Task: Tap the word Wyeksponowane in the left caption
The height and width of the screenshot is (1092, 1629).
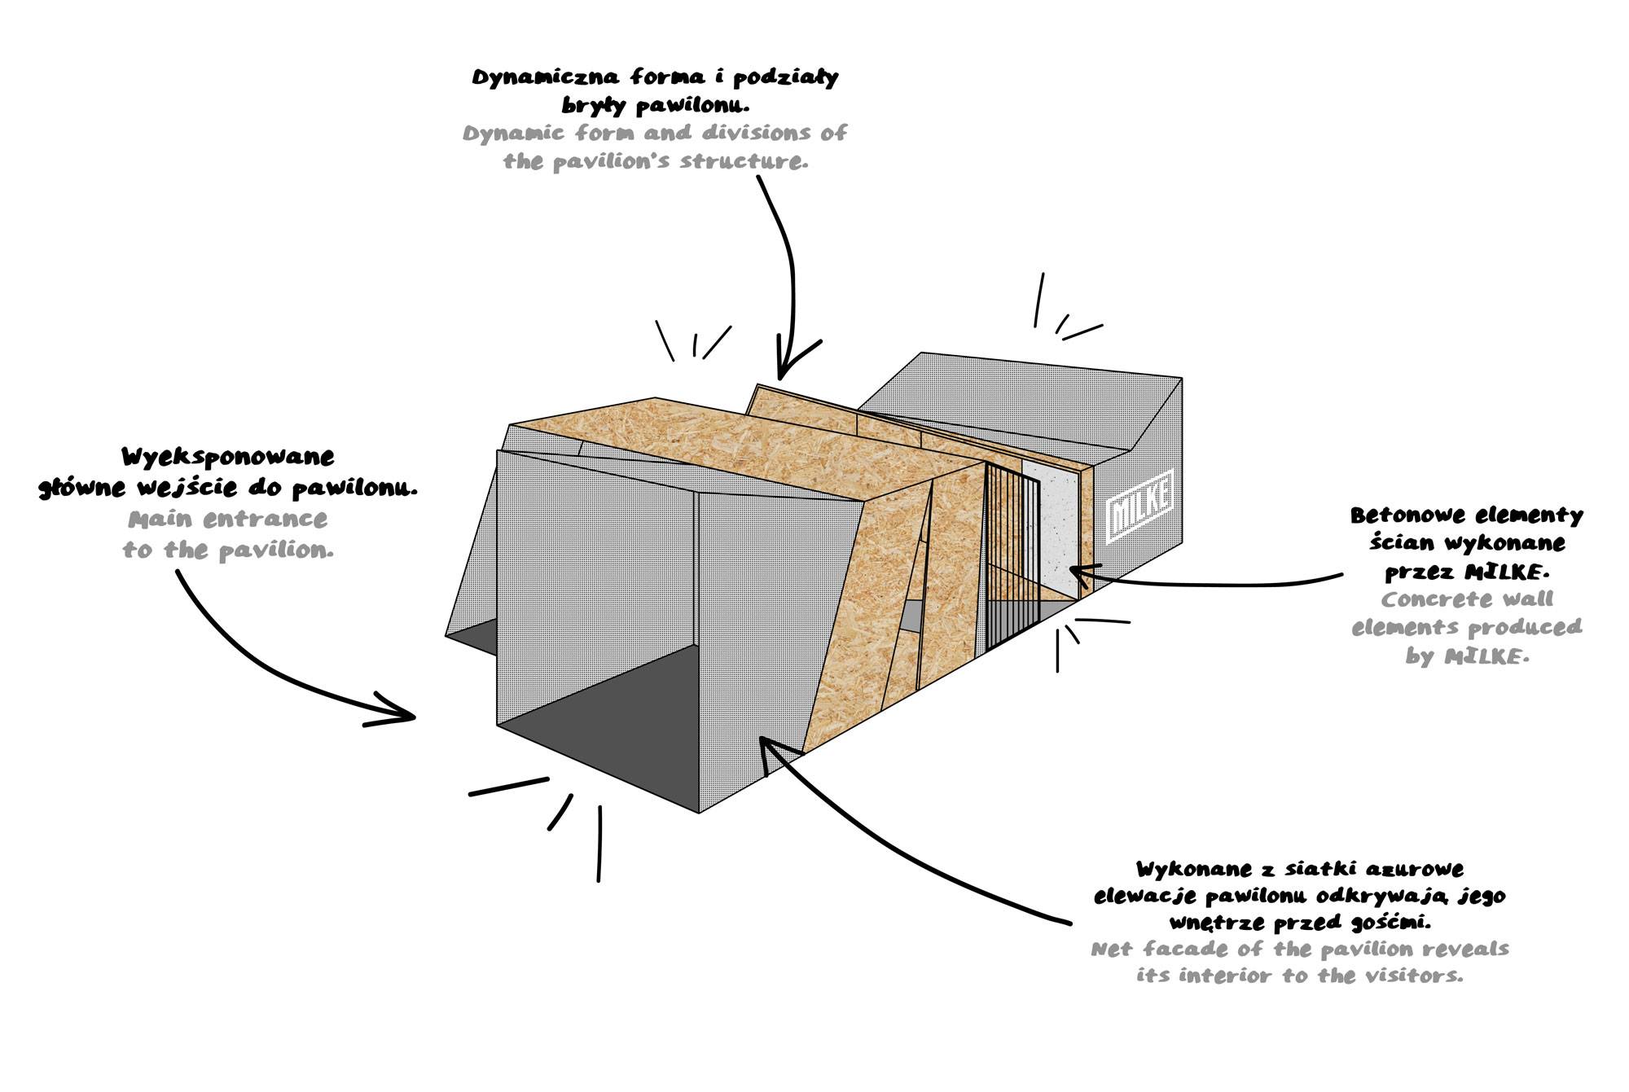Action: pyautogui.click(x=227, y=457)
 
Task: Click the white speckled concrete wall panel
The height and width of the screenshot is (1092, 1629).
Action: pyautogui.click(x=1051, y=529)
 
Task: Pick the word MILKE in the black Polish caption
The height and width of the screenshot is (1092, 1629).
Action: pyautogui.click(x=1510, y=572)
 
